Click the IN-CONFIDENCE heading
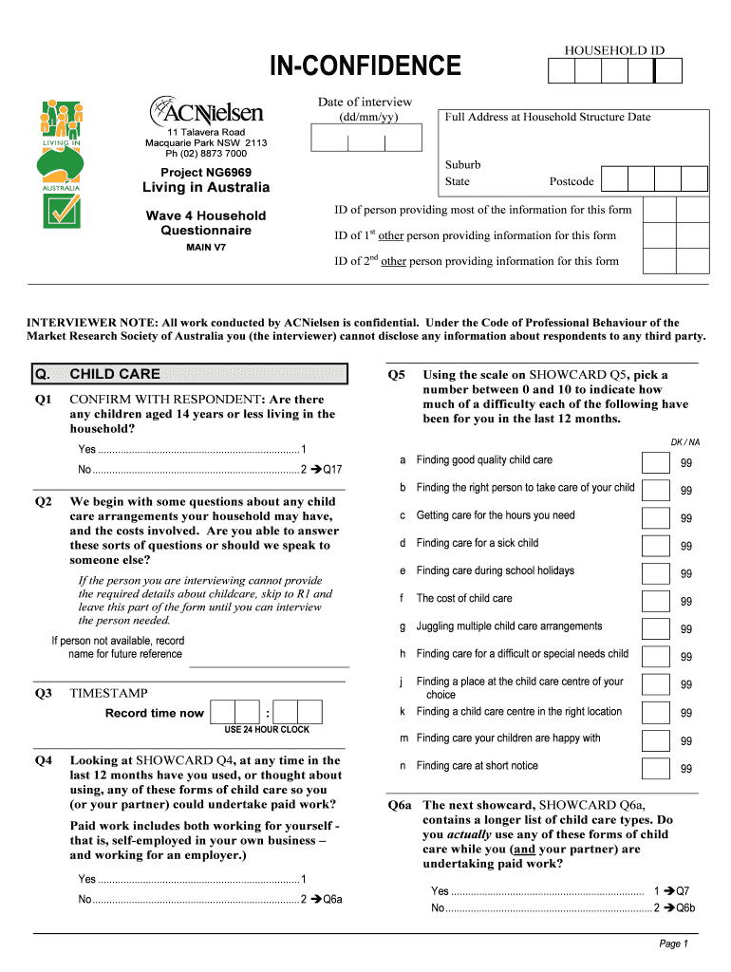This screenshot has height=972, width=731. point(365,66)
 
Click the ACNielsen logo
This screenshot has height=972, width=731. point(205,110)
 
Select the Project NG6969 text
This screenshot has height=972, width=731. point(206,172)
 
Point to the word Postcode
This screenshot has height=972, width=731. point(572,181)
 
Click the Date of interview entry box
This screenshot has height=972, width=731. point(365,140)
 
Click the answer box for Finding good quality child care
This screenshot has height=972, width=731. point(655,462)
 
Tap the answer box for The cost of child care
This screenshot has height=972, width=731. point(655,601)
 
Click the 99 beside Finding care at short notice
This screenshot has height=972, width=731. point(685,769)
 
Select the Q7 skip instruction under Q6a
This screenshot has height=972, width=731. point(677,891)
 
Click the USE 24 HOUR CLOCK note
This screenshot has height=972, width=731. point(267,730)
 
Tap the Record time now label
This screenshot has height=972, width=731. point(154,713)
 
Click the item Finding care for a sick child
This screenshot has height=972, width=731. point(477,543)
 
